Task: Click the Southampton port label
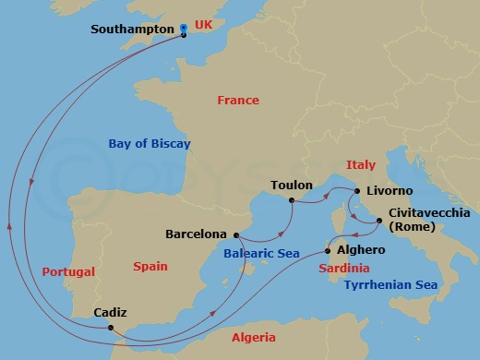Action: [133, 30]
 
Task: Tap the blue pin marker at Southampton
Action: [184, 30]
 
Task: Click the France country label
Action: [237, 100]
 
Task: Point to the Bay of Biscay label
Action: [149, 144]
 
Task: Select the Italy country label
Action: [361, 164]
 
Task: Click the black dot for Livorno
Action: [356, 191]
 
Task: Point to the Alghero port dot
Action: [329, 249]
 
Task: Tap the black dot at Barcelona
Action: [235, 234]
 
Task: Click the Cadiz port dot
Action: [111, 328]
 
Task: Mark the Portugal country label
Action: [69, 272]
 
